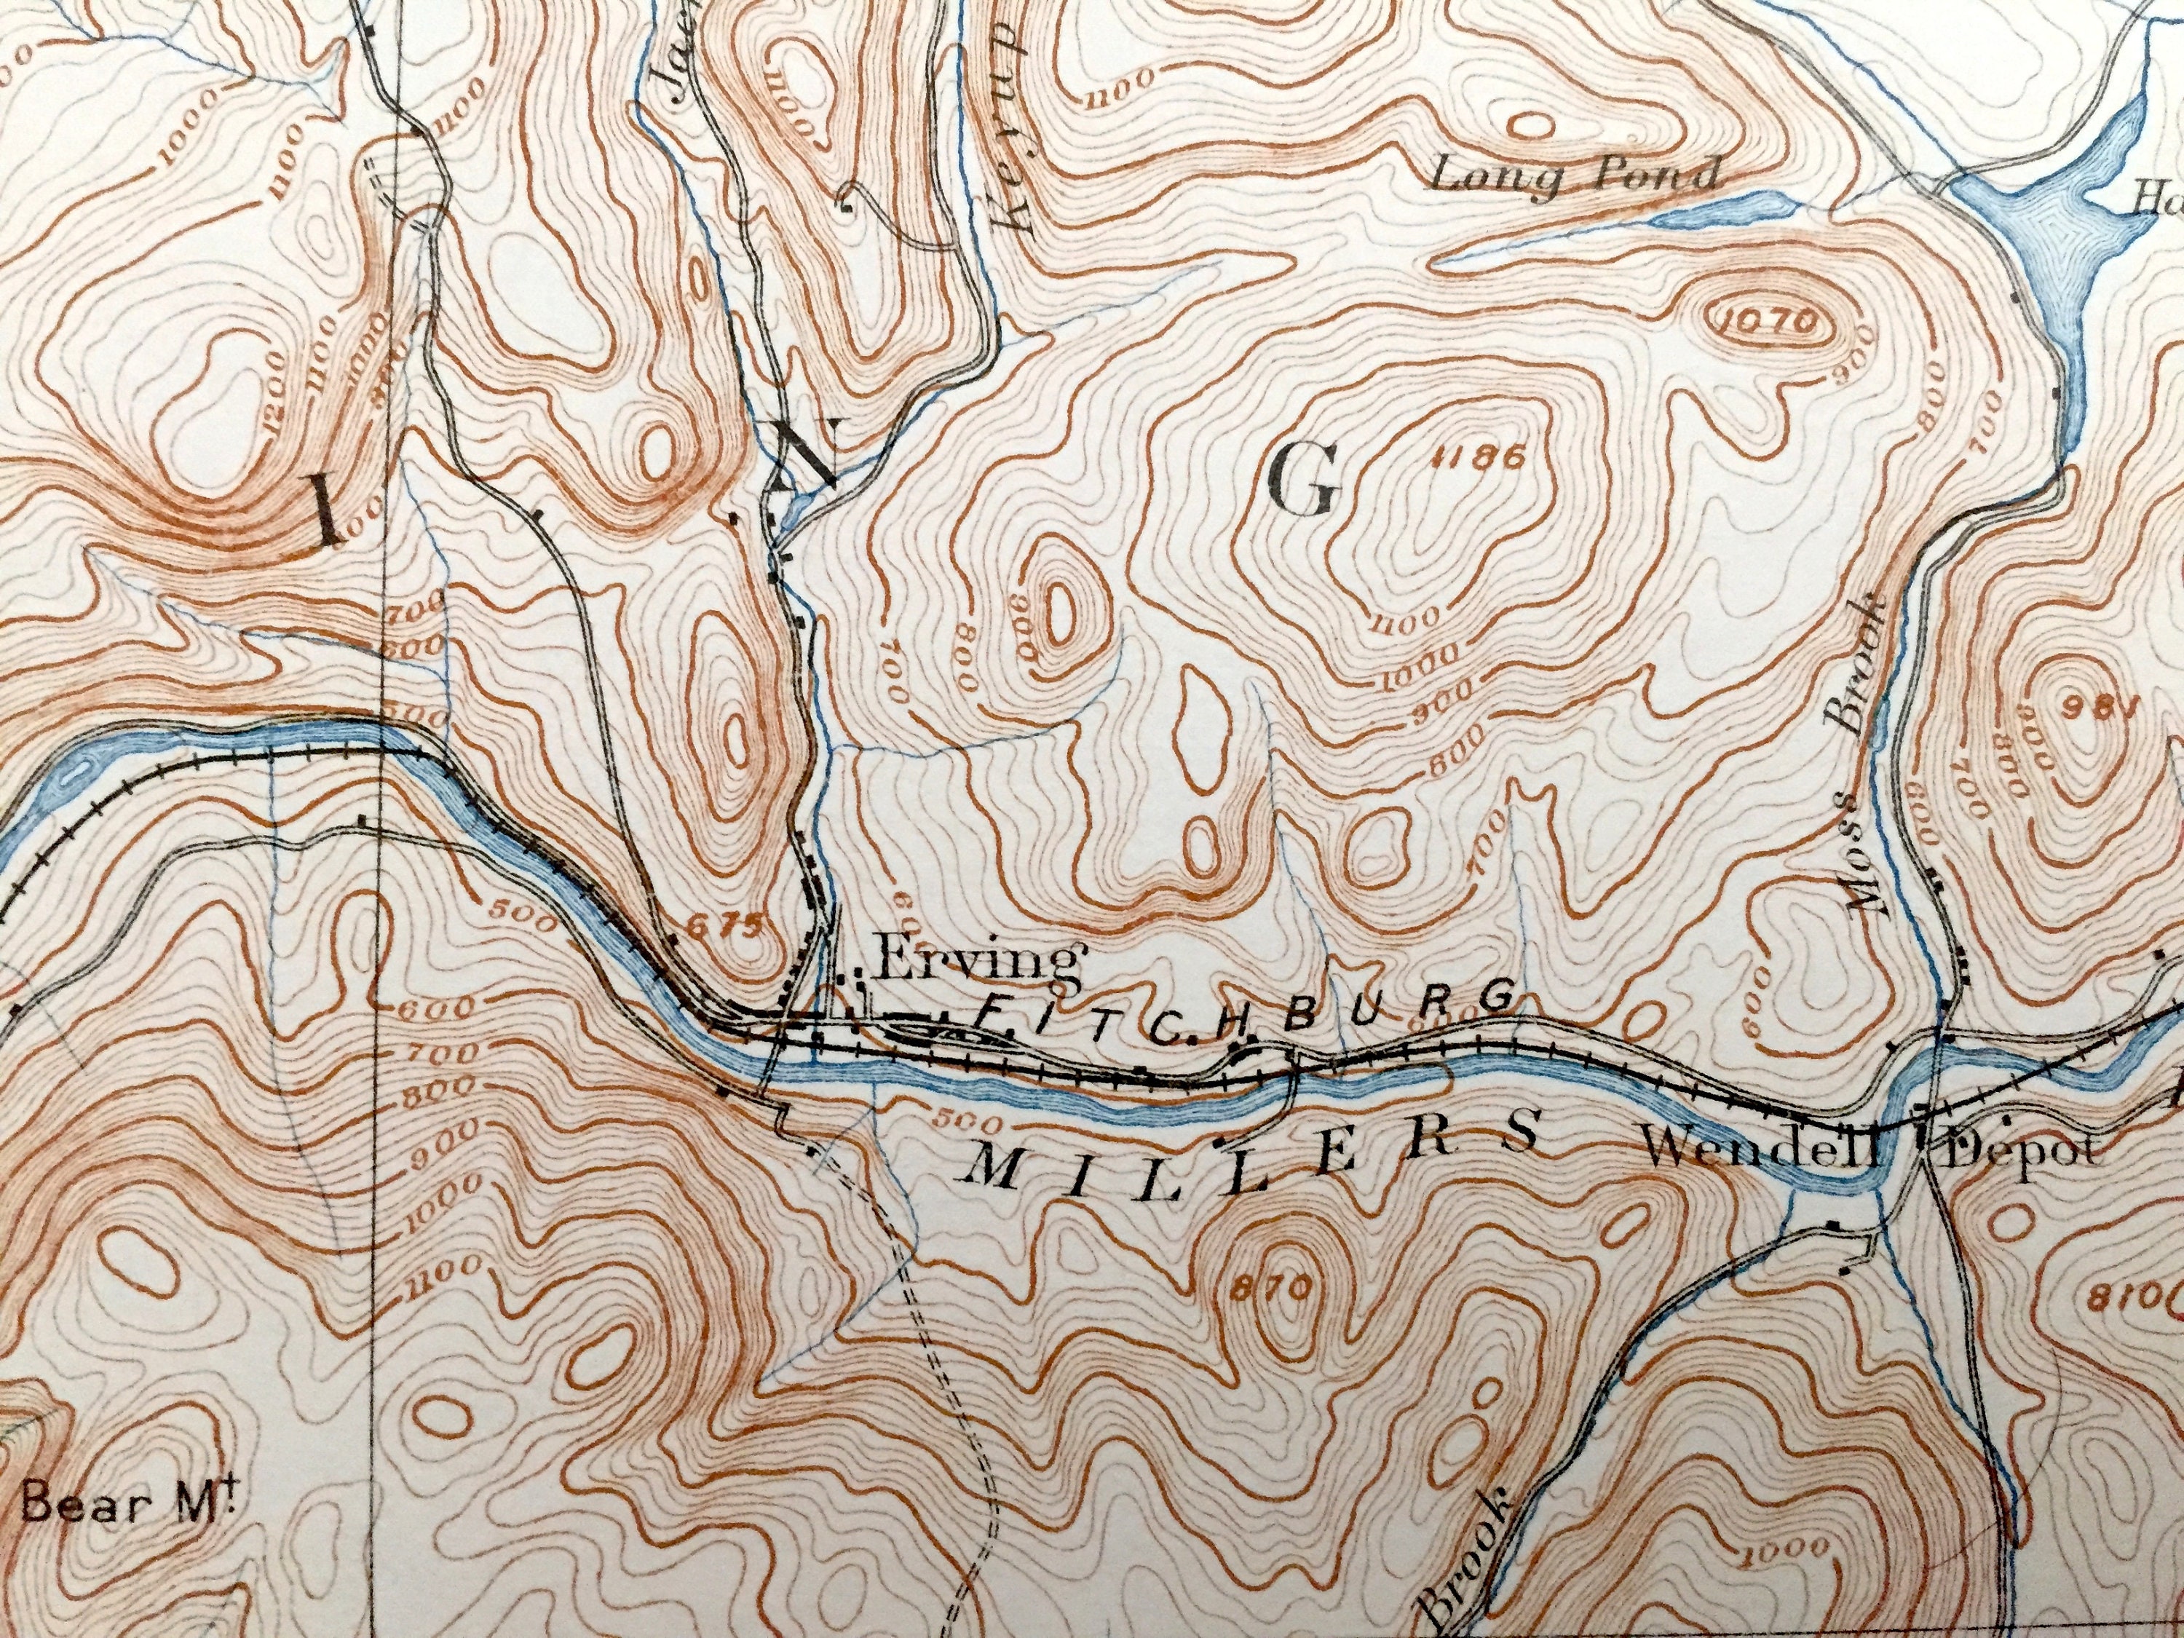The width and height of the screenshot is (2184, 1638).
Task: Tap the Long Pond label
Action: (1575, 178)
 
